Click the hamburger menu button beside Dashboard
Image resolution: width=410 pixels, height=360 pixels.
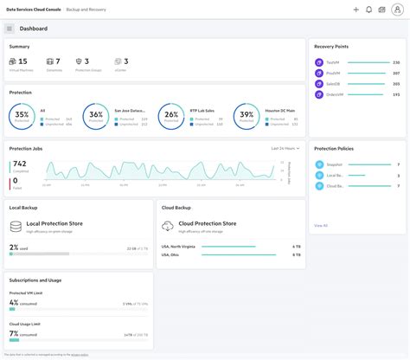click(10, 29)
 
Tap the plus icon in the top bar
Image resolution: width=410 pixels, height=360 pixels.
click(356, 10)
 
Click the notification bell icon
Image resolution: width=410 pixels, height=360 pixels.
click(368, 10)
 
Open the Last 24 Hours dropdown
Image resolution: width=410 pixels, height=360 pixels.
click(285, 148)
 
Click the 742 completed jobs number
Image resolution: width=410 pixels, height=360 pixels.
click(20, 164)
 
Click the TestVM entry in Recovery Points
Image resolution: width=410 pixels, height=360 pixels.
click(332, 62)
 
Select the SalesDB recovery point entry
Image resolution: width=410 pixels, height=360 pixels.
click(332, 84)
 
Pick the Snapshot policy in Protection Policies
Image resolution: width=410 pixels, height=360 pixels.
click(333, 164)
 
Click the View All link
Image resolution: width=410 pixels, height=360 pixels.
click(321, 225)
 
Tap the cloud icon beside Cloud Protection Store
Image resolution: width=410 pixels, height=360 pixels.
click(167, 226)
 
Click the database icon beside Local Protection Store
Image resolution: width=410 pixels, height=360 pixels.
click(16, 226)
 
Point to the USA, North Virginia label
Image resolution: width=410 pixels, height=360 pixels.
click(178, 246)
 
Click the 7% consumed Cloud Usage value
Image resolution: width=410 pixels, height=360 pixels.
click(14, 333)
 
